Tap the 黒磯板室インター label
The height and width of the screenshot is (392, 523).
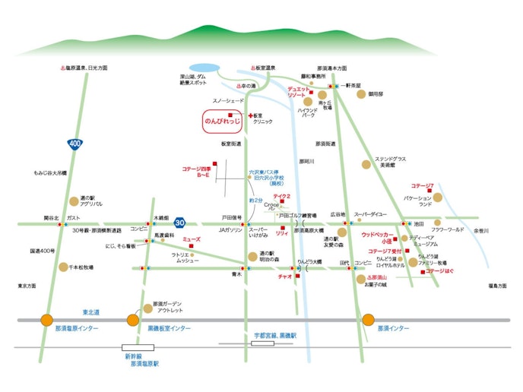(x=169, y=329)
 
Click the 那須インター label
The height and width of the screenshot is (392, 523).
(x=393, y=329)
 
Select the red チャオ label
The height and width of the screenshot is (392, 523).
(x=285, y=276)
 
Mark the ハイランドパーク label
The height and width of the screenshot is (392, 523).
(x=309, y=113)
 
